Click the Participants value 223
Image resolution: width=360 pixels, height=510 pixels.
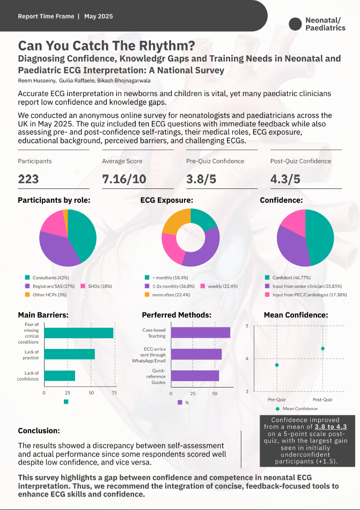point(28,179)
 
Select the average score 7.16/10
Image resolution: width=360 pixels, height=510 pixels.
point(124,179)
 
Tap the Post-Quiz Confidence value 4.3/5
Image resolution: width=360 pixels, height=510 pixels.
point(285,179)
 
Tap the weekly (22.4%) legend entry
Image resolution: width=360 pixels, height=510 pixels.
point(219,286)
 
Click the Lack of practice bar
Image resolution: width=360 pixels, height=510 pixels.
point(70,354)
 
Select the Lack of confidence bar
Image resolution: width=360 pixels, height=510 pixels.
point(60,376)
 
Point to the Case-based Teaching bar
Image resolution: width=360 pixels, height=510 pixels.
point(201,333)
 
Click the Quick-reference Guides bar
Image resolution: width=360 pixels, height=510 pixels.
point(195,376)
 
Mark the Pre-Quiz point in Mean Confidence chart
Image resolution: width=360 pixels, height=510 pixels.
point(277,365)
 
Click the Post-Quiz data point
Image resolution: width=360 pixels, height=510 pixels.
point(322,348)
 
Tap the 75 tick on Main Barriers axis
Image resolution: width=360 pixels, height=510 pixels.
point(114,393)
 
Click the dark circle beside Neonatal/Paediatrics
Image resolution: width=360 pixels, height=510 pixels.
point(295,24)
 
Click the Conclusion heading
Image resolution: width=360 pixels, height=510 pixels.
point(39,431)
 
